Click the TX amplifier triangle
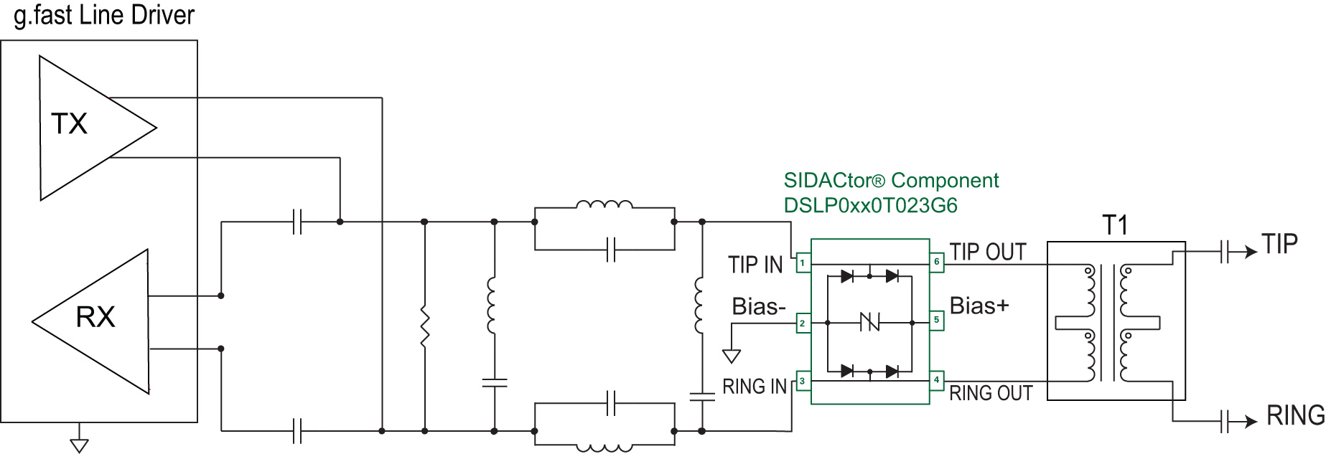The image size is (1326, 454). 86,128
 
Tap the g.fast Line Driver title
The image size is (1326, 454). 104,15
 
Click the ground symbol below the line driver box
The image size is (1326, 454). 79,445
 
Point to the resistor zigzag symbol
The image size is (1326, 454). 425,327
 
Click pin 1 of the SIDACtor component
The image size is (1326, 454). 803,263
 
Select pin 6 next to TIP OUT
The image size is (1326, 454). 936,263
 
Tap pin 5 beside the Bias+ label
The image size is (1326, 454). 936,321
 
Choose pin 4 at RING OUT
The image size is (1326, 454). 936,380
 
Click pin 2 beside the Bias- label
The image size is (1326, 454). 803,323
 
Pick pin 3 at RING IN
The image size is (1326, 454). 803,381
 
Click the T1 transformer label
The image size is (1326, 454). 1115,226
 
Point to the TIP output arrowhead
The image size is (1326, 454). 1251,252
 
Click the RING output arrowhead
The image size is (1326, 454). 1251,421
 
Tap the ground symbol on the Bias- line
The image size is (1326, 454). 731,356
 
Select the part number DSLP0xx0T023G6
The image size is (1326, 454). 870,206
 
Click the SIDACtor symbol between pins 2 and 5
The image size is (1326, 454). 869,323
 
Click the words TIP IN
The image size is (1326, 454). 755,265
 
